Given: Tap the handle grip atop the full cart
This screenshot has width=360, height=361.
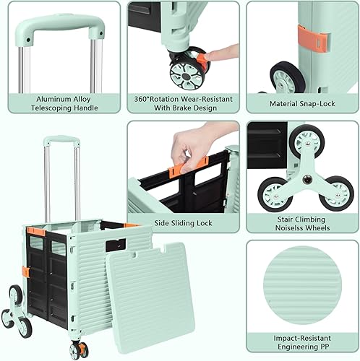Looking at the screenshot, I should click(58, 141).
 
